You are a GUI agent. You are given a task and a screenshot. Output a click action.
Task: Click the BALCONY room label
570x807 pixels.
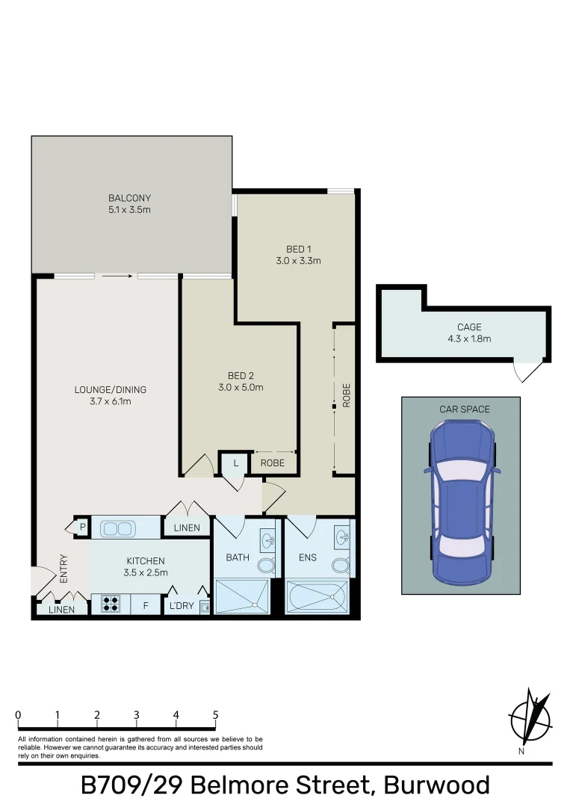tap(129, 198)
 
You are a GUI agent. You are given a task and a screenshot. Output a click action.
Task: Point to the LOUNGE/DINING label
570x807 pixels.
tap(110, 389)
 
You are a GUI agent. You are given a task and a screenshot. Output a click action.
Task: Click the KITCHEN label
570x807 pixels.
tap(146, 560)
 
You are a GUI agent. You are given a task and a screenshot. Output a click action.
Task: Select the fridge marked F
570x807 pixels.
tap(146, 605)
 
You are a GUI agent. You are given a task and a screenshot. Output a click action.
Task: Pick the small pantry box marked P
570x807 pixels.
tap(81, 528)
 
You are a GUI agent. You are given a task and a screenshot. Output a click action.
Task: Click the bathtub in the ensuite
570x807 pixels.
tap(317, 597)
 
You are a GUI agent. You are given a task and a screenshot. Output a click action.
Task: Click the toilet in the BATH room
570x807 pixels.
tap(266, 566)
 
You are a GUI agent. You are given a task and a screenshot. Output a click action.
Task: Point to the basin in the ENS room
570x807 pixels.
tap(342, 537)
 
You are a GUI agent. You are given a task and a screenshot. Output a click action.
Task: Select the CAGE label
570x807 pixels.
tap(469, 327)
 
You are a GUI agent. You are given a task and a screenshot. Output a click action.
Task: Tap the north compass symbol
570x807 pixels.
tap(530, 718)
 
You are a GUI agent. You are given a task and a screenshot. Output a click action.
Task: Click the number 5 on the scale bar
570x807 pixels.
tap(215, 715)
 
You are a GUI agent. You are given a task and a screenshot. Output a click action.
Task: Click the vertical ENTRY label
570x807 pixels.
tap(63, 569)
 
